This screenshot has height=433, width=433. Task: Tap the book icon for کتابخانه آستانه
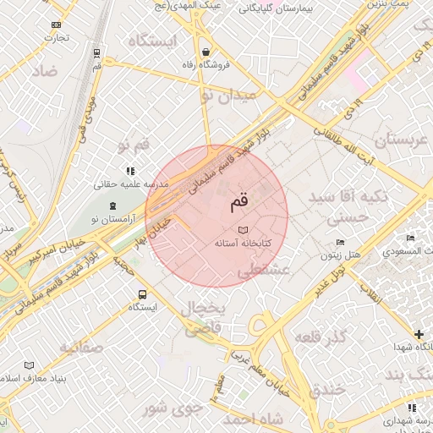click(243, 229)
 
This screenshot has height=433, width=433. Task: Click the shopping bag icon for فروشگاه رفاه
click(206, 52)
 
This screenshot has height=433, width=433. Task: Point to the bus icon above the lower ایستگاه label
click(142, 295)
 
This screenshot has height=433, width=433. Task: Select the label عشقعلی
click(263, 271)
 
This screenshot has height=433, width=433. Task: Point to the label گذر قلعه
click(321, 337)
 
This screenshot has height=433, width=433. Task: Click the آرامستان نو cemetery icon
click(113, 206)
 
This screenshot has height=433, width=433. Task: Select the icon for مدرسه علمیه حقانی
click(130, 170)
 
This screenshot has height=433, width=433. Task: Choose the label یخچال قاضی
click(201, 319)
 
